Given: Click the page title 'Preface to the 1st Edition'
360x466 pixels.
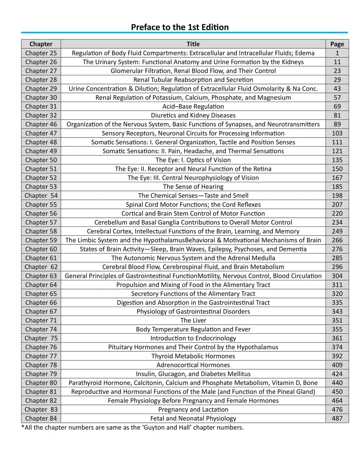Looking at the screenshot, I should [180, 27].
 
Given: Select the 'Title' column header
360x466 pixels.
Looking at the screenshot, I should [193, 44].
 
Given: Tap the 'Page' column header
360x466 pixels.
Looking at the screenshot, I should [337, 44].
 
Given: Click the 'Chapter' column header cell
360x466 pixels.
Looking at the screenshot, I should [41, 44].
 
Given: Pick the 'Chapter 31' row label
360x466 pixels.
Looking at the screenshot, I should [41, 106].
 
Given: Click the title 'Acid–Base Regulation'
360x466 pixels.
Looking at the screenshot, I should [193, 106].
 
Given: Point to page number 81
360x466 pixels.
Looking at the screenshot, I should [337, 115].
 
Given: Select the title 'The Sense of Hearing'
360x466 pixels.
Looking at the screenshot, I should [193, 186].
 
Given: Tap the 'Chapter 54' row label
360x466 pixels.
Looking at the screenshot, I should [41, 196].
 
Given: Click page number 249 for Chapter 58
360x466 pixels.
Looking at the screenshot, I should [337, 231].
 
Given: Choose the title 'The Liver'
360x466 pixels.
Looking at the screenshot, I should [193, 320].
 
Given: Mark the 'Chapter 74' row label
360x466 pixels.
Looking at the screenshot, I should [41, 329].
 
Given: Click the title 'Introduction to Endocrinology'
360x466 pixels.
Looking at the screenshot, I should [193, 338].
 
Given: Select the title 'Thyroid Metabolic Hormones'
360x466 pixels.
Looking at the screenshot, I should [193, 356].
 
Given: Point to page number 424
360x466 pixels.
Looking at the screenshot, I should [337, 374].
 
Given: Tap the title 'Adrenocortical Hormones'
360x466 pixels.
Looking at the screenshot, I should [193, 365].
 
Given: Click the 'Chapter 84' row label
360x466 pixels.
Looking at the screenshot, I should [41, 418].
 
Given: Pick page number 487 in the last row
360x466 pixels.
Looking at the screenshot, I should [337, 418].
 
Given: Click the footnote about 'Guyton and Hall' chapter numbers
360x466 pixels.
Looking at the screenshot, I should [133, 427].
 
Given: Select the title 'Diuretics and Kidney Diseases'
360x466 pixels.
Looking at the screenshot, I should [193, 115].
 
